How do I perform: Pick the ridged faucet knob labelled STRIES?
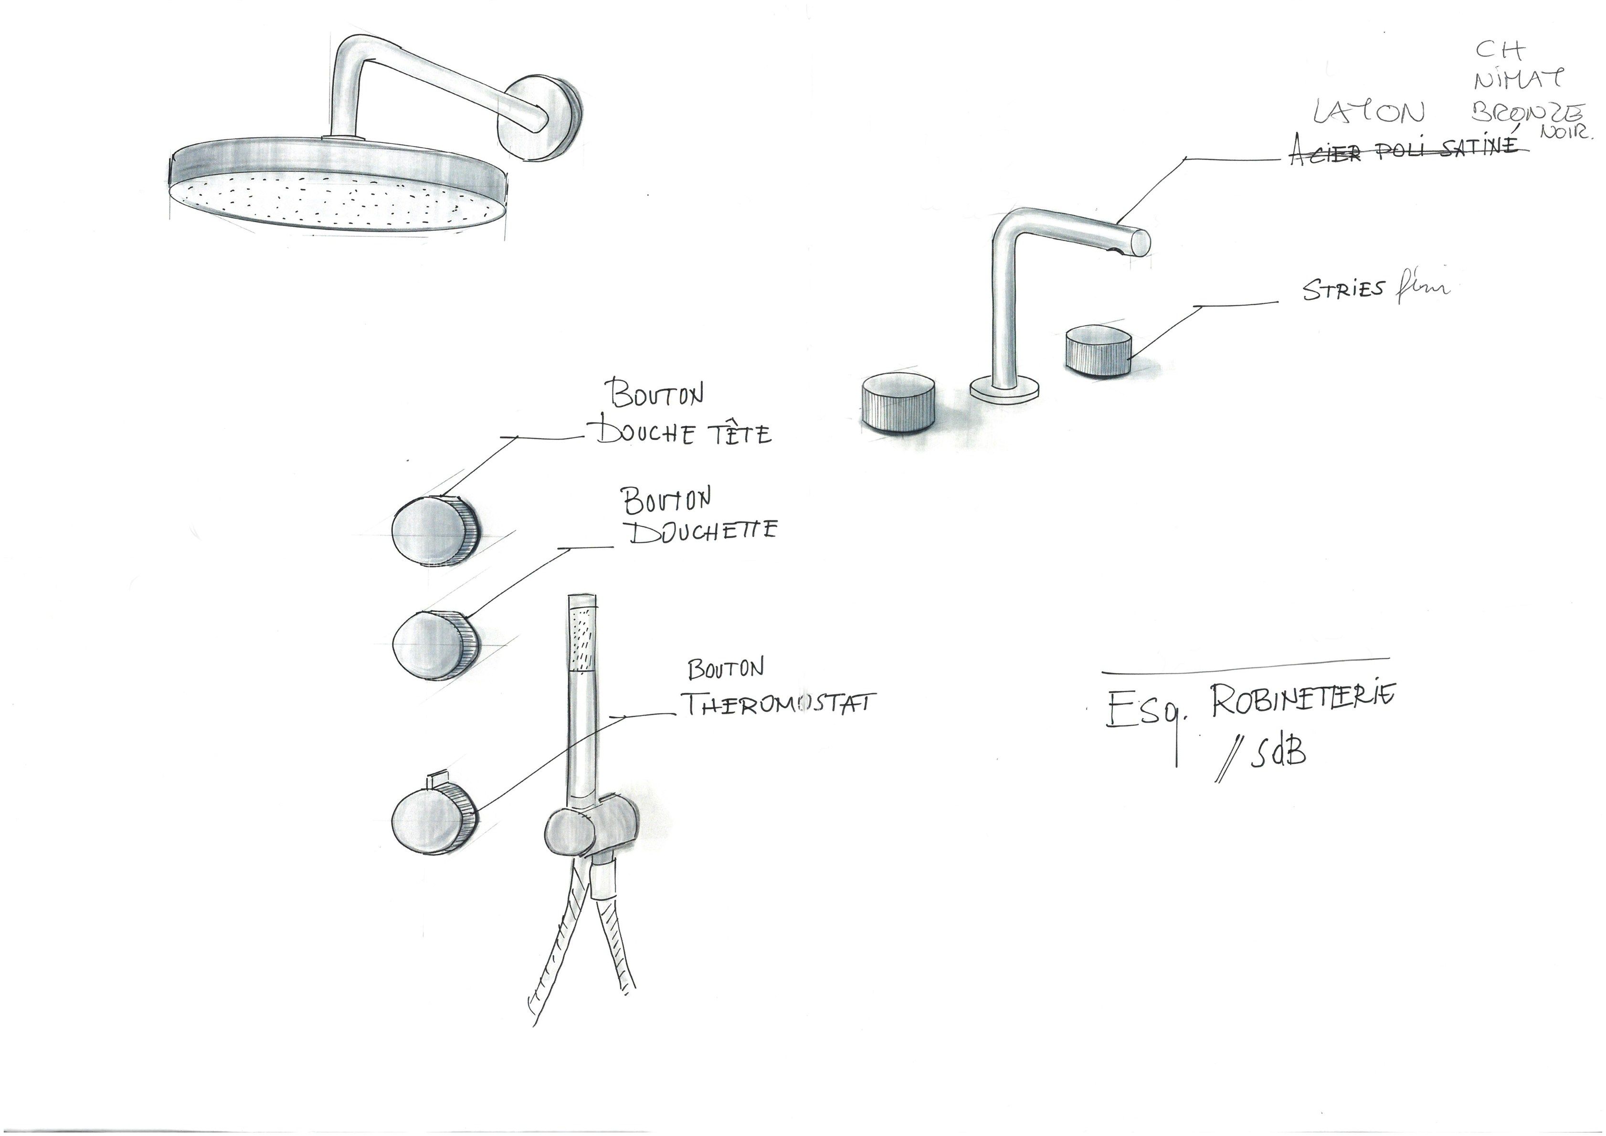pos(1098,352)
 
